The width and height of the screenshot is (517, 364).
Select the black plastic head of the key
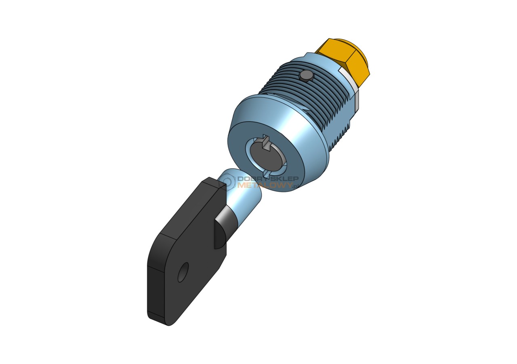187,251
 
